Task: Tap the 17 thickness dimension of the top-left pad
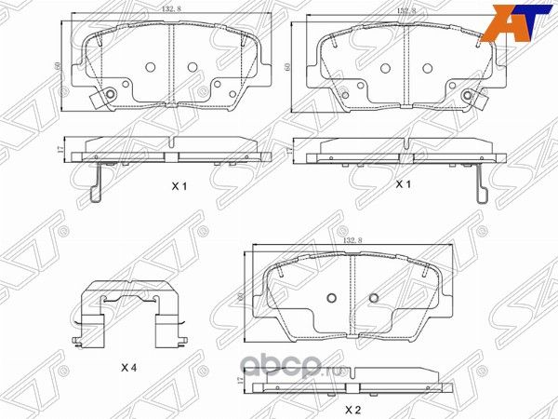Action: click(x=60, y=149)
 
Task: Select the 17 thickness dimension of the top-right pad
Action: click(x=291, y=147)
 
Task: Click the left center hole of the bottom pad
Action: click(x=332, y=298)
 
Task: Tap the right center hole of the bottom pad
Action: click(x=374, y=298)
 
